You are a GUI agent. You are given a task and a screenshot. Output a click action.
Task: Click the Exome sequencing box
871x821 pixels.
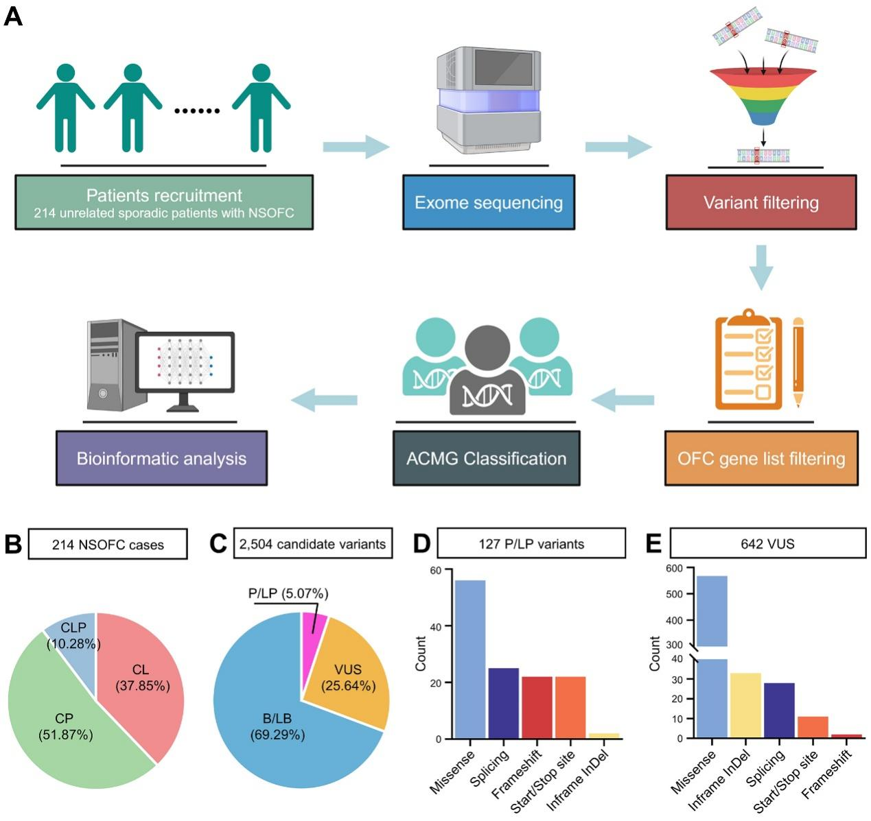point(488,202)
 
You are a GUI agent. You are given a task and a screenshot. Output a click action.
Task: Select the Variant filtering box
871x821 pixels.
point(760,202)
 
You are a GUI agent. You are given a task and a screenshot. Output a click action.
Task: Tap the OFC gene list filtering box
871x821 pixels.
point(760,458)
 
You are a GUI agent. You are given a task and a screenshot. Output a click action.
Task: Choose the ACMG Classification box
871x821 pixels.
point(486,458)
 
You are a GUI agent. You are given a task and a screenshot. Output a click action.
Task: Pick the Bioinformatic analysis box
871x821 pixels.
point(161,458)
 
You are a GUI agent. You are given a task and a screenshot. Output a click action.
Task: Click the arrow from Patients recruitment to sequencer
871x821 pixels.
point(356,147)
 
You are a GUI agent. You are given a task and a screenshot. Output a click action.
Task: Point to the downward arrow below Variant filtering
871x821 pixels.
point(761,267)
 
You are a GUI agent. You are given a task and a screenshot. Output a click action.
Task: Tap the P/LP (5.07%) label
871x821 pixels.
point(288,593)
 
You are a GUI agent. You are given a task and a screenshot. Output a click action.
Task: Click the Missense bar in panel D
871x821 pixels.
point(470,659)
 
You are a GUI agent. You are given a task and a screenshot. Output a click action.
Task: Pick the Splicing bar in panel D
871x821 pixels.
point(503,703)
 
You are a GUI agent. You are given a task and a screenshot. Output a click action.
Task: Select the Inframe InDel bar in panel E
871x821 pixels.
point(745,706)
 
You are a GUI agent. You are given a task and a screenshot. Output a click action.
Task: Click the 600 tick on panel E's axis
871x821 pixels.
point(675,568)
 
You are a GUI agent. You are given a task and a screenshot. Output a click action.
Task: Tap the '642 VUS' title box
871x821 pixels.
point(767,544)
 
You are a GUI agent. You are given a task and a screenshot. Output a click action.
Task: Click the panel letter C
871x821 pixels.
point(218,544)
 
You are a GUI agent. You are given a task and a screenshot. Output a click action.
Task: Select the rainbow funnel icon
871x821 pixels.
point(763,96)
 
